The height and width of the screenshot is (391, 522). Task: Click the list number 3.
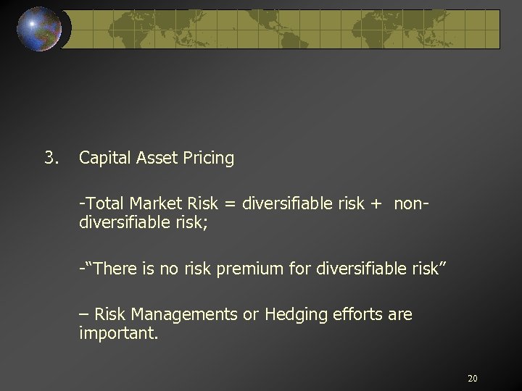50,157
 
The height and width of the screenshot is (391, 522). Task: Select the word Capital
103,158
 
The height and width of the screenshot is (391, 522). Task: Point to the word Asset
153,158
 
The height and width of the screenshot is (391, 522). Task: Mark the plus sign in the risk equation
376,203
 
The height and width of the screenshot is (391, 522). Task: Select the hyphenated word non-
411,203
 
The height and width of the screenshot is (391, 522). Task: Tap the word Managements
177,314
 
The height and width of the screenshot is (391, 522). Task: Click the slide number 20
472,378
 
